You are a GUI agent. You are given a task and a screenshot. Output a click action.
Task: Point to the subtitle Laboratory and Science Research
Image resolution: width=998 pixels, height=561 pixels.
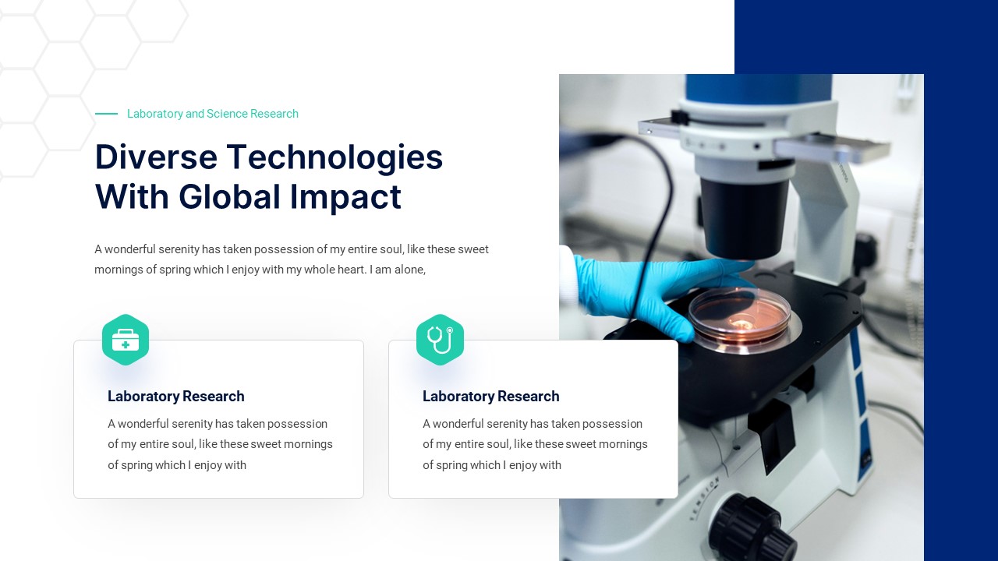pyautogui.click(x=212, y=114)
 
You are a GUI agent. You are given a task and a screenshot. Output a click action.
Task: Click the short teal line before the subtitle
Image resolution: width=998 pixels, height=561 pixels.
pyautogui.click(x=106, y=114)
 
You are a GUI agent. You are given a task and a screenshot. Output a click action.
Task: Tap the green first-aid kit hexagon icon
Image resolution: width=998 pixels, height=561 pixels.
pyautogui.click(x=126, y=340)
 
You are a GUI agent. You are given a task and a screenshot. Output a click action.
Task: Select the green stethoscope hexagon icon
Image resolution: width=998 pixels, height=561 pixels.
pyautogui.click(x=440, y=340)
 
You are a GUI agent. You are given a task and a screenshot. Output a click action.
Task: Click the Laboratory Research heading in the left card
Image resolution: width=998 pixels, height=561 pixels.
pyautogui.click(x=176, y=397)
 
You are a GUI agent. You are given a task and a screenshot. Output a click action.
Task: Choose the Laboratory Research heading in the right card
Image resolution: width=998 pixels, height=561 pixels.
pyautogui.click(x=491, y=397)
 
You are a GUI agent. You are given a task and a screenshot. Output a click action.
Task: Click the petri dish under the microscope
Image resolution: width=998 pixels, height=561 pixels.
pyautogui.click(x=739, y=316)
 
